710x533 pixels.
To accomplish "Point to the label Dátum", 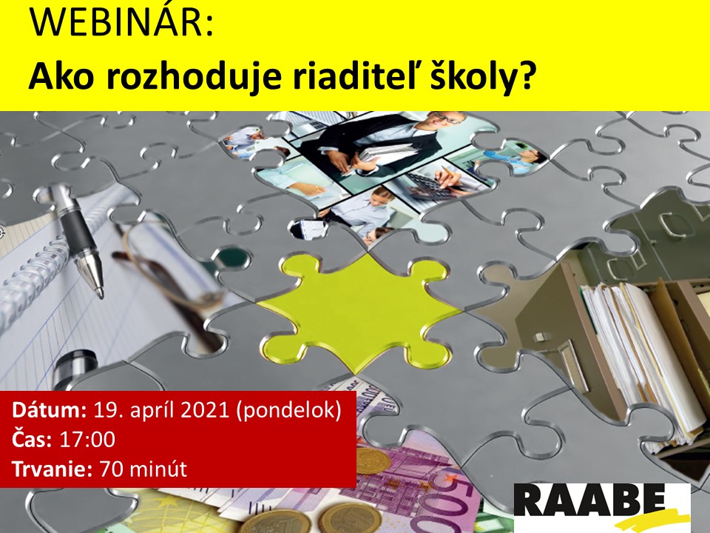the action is [50, 409].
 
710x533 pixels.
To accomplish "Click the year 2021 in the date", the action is [206, 409].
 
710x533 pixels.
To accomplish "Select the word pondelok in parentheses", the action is [288, 411].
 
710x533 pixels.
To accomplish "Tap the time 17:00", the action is [87, 439].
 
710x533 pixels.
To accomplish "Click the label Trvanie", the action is [52, 469].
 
